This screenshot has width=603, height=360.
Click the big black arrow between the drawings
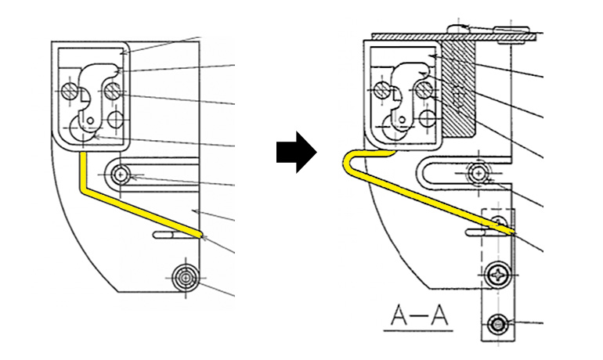click(296, 152)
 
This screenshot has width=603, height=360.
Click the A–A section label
click(419, 317)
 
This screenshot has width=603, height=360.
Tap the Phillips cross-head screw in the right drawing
click(499, 275)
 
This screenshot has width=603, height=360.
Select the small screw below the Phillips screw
click(498, 325)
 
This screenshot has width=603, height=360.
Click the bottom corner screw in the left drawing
click(186, 277)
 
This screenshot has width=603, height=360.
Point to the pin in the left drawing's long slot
click(121, 175)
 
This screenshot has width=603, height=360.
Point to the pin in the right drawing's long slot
click(478, 174)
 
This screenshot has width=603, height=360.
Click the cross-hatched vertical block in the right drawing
click(459, 88)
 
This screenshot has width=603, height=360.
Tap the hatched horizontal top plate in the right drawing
click(453, 37)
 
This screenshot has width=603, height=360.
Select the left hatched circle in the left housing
click(70, 91)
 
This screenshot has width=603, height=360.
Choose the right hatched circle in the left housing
click(112, 91)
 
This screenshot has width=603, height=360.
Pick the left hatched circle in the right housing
click(382, 90)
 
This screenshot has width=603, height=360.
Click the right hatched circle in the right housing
click(424, 90)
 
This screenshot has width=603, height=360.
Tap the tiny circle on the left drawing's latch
click(90, 121)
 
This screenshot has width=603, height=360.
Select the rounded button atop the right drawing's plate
click(457, 28)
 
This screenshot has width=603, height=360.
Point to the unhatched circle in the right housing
click(428, 118)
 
